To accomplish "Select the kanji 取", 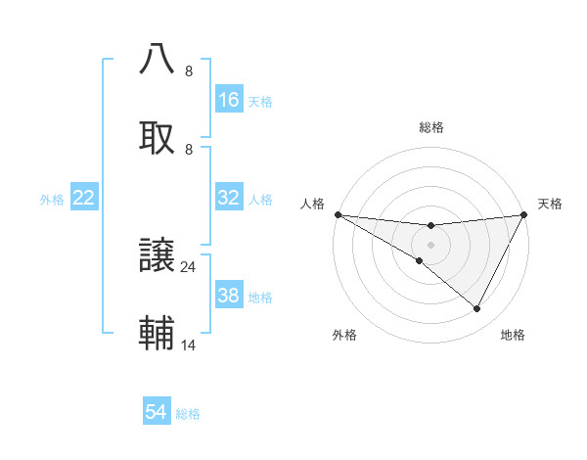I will (158, 136).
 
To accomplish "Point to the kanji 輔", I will (158, 333).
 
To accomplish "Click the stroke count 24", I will (189, 266).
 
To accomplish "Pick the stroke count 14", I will (189, 345).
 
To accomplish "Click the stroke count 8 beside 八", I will (189, 71).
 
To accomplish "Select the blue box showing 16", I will (229, 100).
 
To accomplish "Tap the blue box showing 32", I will (229, 198).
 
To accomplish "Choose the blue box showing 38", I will (229, 296).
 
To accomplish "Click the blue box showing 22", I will (84, 198).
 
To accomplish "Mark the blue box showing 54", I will (157, 413).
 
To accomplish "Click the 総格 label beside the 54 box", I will (189, 414).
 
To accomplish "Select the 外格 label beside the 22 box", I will (52, 199).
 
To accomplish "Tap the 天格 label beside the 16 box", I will (260, 101).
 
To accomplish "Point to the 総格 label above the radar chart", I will (430, 127).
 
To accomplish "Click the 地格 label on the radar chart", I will (513, 335).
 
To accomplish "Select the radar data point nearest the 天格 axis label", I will (525, 214).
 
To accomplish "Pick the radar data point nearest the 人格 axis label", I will (338, 213).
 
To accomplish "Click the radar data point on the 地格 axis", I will (477, 308).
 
